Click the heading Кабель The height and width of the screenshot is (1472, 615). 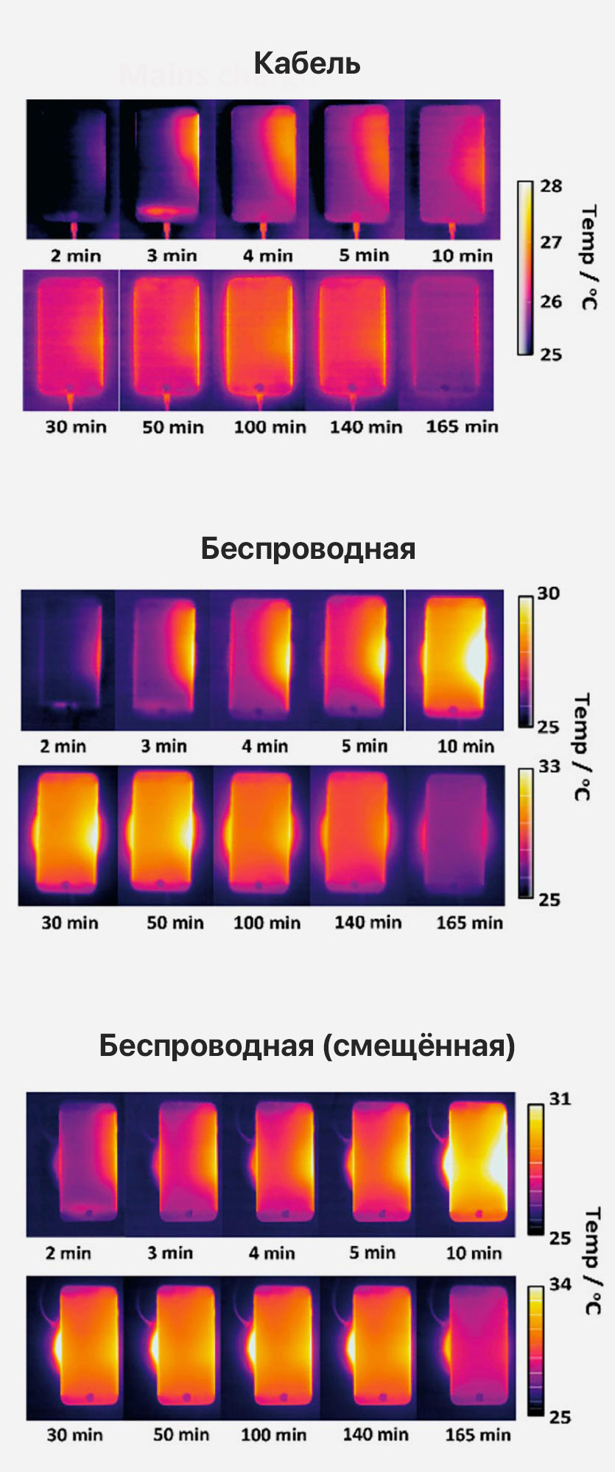pyautogui.click(x=307, y=63)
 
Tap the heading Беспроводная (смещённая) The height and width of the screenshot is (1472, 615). pyautogui.click(x=307, y=1045)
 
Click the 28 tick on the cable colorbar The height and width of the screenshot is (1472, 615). pyautogui.click(x=551, y=186)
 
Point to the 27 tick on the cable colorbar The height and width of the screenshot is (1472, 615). pyautogui.click(x=551, y=242)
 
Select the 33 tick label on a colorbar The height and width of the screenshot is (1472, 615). pyautogui.click(x=549, y=767)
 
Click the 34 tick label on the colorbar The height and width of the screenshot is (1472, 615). pyautogui.click(x=560, y=1284)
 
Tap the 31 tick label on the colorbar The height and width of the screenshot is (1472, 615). pyautogui.click(x=560, y=1099)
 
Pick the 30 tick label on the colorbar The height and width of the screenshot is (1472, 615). pyautogui.click(x=549, y=594)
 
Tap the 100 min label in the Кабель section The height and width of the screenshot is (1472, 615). pyautogui.click(x=270, y=427)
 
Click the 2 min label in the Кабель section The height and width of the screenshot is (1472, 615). pyautogui.click(x=76, y=256)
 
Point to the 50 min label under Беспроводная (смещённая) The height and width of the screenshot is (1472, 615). pyautogui.click(x=181, y=1434)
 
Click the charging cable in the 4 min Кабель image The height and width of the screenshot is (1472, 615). pyautogui.click(x=264, y=229)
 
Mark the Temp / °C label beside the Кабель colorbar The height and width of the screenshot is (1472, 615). pyautogui.click(x=588, y=258)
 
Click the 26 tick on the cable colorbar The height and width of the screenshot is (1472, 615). pyautogui.click(x=551, y=301)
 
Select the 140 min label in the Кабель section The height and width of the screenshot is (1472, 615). pyautogui.click(x=366, y=427)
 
